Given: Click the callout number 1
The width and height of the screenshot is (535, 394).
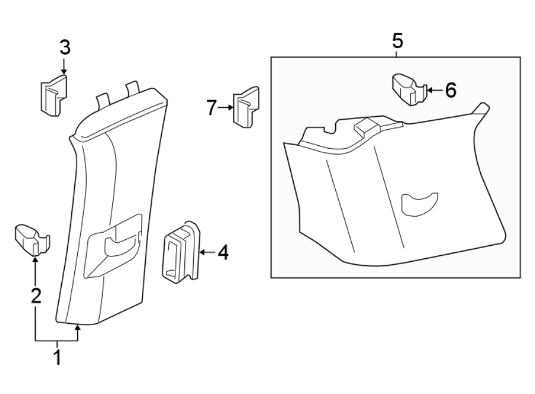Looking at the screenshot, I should click(58, 358).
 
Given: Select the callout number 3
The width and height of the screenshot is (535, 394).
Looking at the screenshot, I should click(64, 47).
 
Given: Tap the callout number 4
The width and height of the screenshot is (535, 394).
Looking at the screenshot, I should click(222, 253).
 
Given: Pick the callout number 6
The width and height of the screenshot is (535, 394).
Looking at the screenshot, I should click(450, 90).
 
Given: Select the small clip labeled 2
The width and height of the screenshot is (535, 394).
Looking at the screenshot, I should click(33, 237).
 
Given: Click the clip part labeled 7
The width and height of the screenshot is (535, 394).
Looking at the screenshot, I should click(246, 107).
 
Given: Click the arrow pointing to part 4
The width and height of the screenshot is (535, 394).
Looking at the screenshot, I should click(206, 253).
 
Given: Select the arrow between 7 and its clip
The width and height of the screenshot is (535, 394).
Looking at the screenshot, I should click(225, 108).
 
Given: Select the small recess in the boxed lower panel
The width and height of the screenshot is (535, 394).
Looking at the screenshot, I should click(419, 202).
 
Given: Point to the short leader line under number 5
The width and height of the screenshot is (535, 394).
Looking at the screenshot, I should click(397, 53).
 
